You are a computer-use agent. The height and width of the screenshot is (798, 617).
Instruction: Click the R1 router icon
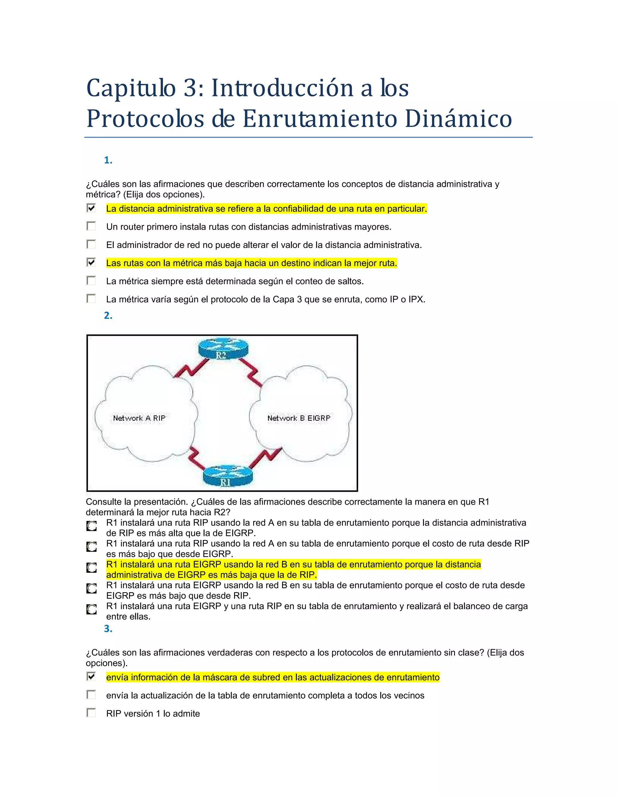(x=227, y=475)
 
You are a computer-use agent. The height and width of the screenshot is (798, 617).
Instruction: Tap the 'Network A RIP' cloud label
(x=139, y=418)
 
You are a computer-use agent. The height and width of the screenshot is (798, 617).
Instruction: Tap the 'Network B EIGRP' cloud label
(x=299, y=418)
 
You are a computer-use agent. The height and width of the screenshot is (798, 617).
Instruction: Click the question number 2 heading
(x=108, y=315)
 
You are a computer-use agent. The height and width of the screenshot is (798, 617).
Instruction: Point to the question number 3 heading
(x=108, y=628)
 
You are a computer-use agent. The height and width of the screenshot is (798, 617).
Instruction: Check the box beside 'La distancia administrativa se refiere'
(x=91, y=208)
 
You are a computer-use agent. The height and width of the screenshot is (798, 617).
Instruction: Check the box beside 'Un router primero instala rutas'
(x=91, y=226)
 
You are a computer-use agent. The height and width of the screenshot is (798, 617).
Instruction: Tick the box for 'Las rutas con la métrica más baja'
(x=91, y=262)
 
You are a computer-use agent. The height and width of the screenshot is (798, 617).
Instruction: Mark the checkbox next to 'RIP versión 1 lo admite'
(x=91, y=712)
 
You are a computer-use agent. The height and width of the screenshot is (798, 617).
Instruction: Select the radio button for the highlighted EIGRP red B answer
(x=91, y=567)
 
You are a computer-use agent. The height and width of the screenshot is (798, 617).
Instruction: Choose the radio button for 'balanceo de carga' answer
(x=91, y=609)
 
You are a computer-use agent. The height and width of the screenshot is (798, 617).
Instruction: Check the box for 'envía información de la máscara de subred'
(x=91, y=676)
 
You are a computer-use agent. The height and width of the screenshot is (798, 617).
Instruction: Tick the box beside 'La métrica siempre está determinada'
(x=91, y=281)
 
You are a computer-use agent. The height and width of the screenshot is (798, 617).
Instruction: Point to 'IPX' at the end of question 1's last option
(x=416, y=300)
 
